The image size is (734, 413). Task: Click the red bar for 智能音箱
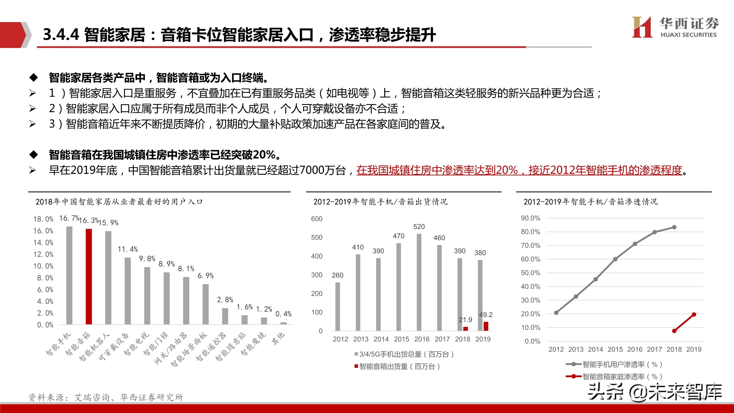[89, 276]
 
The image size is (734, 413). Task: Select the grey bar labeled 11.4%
[128, 291]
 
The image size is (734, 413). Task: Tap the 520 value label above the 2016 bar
[419, 227]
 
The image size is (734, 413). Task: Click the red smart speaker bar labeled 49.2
[486, 326]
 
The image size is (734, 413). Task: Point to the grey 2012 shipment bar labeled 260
[338, 306]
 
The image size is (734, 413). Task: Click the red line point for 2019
[694, 314]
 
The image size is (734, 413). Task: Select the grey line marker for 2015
[615, 259]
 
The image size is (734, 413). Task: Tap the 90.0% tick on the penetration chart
[530, 218]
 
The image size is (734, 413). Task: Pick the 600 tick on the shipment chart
[317, 219]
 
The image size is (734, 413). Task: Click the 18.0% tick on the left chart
[43, 219]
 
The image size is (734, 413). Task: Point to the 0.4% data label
[283, 314]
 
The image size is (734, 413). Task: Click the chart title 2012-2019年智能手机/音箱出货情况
[380, 202]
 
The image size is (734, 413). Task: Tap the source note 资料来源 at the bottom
[106, 397]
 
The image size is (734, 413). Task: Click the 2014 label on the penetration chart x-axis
[596, 349]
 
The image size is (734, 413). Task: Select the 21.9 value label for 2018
[465, 319]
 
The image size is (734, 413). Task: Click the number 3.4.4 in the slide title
[61, 34]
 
